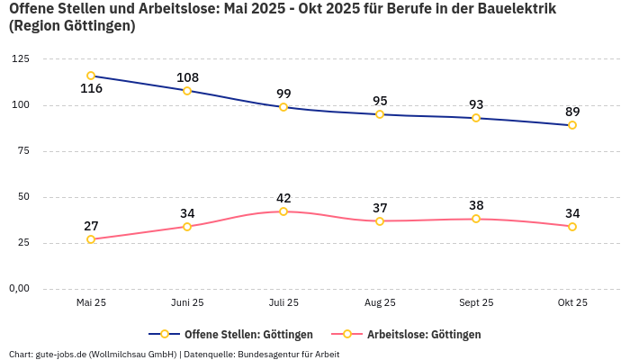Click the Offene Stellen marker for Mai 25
click(x=91, y=76)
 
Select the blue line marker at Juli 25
click(x=283, y=107)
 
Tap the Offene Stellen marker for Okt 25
click(x=572, y=125)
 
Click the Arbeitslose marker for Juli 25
click(x=283, y=211)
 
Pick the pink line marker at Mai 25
click(x=91, y=239)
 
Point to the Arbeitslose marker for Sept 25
click(x=476, y=219)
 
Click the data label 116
click(x=91, y=89)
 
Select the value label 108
click(x=187, y=77)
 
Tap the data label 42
click(x=283, y=198)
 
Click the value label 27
click(x=91, y=226)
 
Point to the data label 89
click(x=572, y=112)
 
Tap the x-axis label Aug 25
click(x=380, y=303)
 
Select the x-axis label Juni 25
click(x=187, y=303)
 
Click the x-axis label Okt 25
click(x=572, y=303)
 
